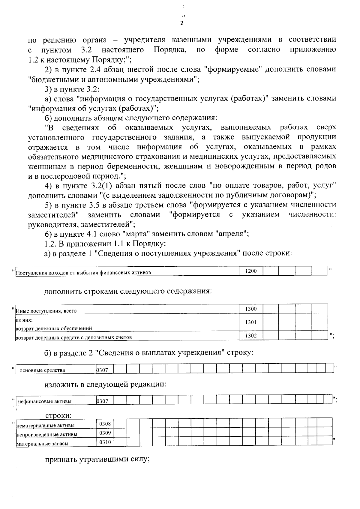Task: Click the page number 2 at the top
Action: [181, 23]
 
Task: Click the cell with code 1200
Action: [251, 271]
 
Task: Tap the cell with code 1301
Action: [251, 322]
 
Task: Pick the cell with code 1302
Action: [251, 336]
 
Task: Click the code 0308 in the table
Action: [105, 424]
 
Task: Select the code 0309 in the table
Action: [105, 433]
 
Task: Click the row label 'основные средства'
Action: [42, 370]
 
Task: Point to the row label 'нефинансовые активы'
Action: [45, 401]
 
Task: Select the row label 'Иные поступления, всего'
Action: [46, 311]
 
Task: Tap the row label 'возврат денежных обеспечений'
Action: [54, 328]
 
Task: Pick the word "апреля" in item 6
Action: [231, 234]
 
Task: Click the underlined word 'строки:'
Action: [58, 416]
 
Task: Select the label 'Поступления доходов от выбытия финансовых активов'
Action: [83, 273]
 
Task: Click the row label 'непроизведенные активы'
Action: [46, 435]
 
